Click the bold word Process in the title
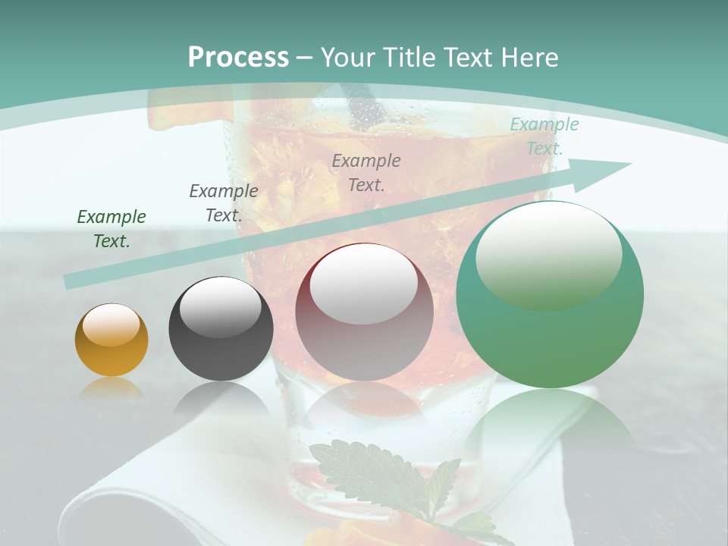pos(238,58)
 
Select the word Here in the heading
pos(530,58)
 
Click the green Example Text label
pos(111,228)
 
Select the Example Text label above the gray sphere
pos(223,202)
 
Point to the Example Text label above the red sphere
pos(366,172)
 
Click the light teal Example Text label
pos(544,136)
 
